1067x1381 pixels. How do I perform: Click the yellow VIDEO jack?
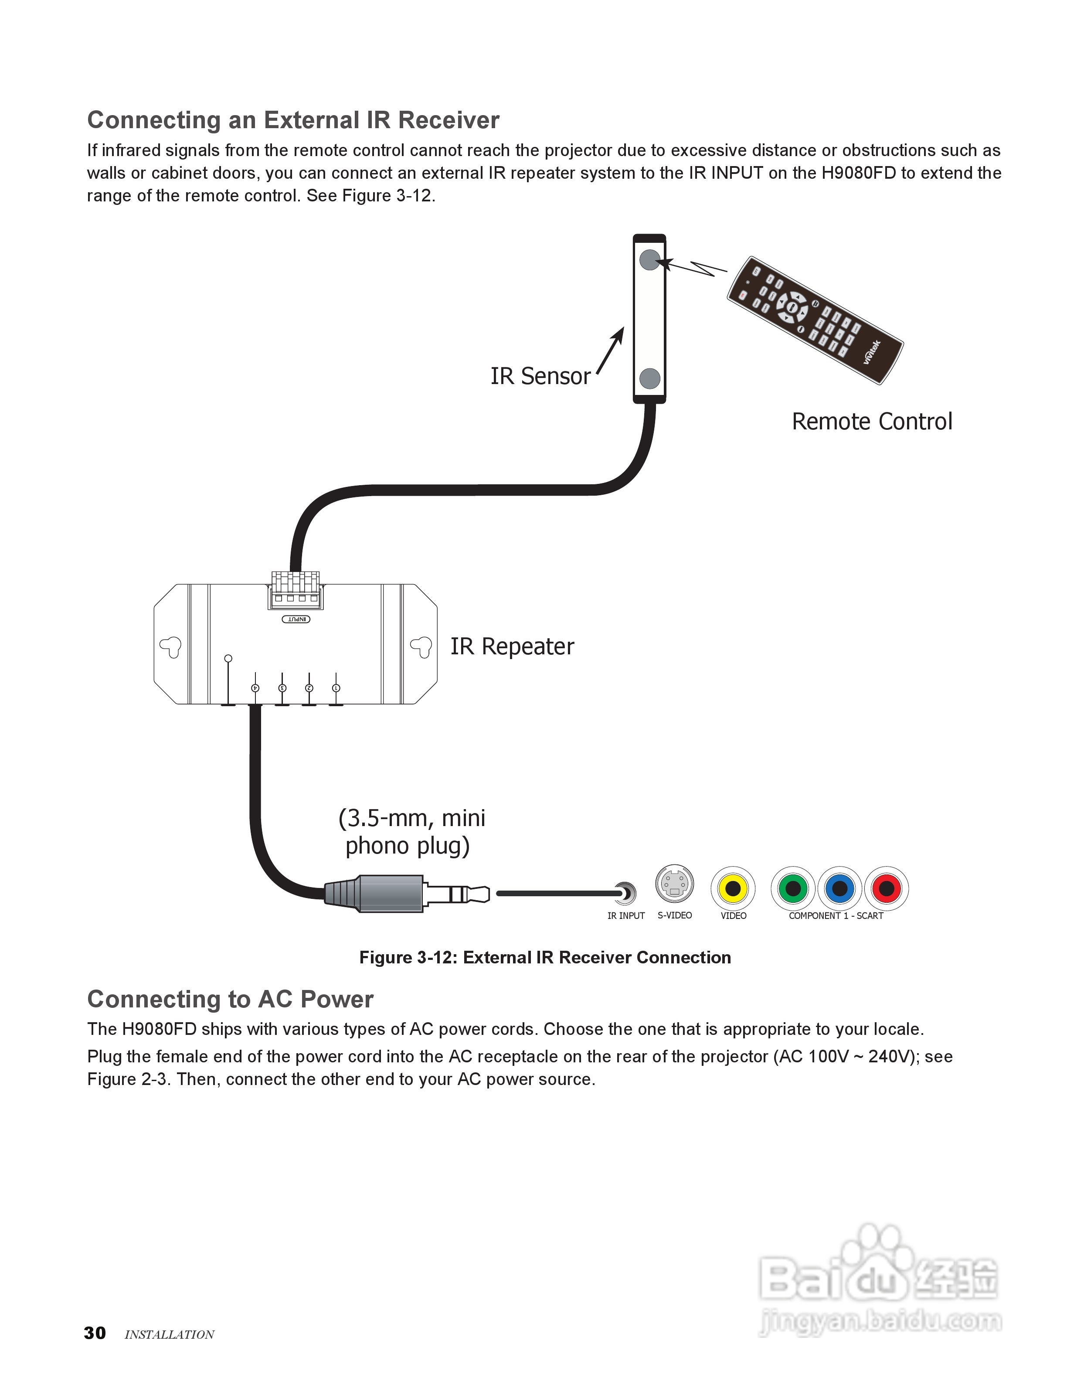click(733, 888)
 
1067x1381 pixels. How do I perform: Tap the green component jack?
click(793, 888)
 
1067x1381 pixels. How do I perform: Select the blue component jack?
click(839, 888)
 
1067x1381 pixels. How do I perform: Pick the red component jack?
click(886, 888)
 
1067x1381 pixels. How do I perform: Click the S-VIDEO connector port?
click(674, 884)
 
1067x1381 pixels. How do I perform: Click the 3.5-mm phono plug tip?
click(483, 894)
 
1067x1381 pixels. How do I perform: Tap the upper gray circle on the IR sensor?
click(650, 260)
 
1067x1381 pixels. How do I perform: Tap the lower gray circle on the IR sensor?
click(650, 379)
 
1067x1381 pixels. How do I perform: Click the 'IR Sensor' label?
click(540, 376)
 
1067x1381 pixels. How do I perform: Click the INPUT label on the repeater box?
click(296, 619)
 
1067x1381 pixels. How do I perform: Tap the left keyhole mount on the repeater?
click(171, 646)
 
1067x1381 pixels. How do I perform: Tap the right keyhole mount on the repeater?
click(421, 646)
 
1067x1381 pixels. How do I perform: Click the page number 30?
click(95, 1333)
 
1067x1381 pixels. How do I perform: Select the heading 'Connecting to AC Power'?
click(230, 999)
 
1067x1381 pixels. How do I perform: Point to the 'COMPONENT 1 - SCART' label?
click(836, 915)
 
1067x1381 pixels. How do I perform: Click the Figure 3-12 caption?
click(545, 957)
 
